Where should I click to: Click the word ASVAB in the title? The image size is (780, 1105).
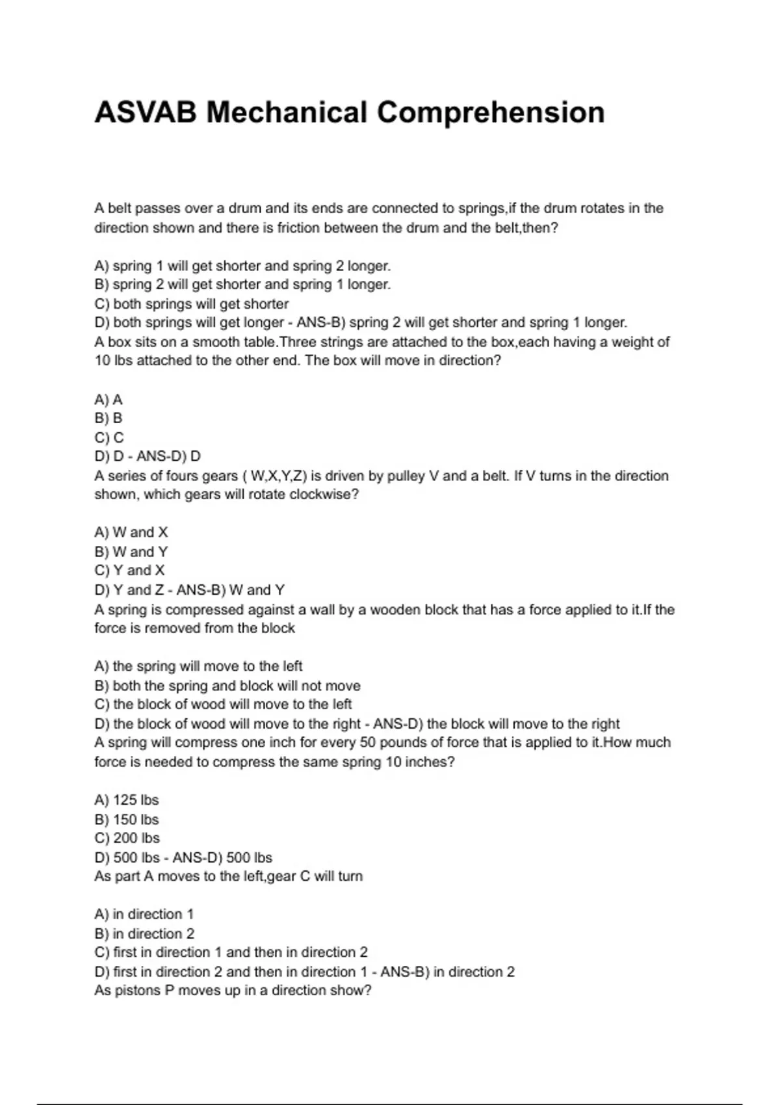(145, 112)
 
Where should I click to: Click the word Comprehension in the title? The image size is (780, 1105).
(491, 112)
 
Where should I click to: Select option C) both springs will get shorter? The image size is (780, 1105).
(191, 304)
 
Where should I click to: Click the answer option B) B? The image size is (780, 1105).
(109, 418)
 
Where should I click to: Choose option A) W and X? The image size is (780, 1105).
(131, 532)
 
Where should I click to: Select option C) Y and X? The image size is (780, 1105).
(130, 570)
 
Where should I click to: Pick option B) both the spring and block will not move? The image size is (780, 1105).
(227, 686)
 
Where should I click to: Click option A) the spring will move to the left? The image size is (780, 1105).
(198, 666)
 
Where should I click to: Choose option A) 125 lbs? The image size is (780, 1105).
(127, 800)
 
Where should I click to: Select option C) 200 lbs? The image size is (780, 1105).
(127, 838)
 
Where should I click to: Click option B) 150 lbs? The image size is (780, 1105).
(127, 820)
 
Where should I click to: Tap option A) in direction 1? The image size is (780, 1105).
(144, 915)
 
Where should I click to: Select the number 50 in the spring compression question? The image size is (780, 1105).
(368, 742)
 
